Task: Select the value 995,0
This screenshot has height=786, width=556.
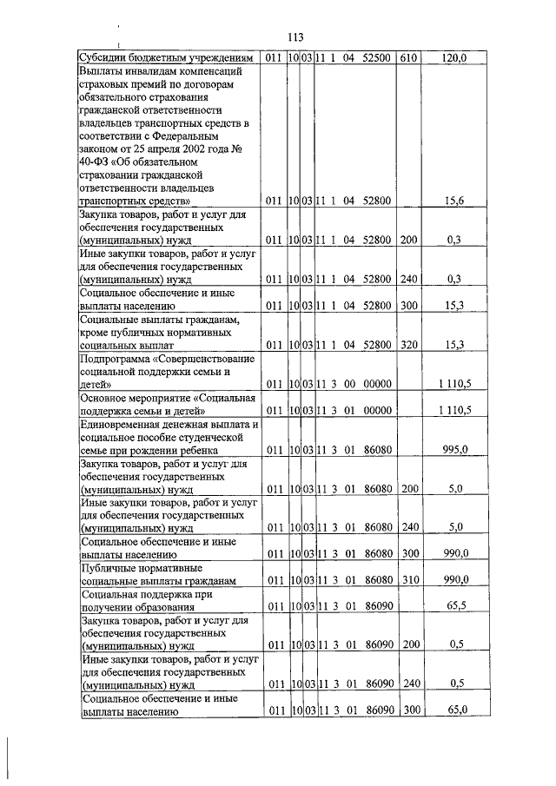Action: pos(453,449)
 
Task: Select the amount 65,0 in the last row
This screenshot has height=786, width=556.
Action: pos(453,710)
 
